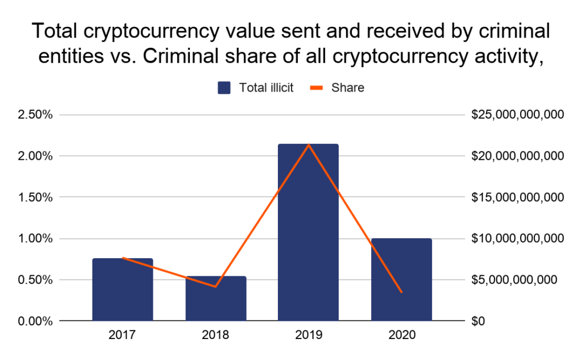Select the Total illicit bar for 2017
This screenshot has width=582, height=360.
point(122,290)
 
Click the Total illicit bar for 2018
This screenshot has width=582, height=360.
point(215,299)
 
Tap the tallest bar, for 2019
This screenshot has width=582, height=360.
point(308,233)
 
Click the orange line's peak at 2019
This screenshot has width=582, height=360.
point(308,144)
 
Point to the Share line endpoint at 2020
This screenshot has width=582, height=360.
point(401,292)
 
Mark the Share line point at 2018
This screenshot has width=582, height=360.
point(215,287)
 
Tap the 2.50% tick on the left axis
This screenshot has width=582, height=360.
point(36,114)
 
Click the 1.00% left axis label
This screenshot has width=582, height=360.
point(36,238)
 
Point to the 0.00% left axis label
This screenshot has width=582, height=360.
point(36,321)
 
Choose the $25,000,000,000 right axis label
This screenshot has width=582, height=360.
point(517,114)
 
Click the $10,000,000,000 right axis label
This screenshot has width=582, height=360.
point(517,238)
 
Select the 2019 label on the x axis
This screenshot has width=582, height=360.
point(308,336)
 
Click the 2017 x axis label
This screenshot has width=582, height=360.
point(122,336)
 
